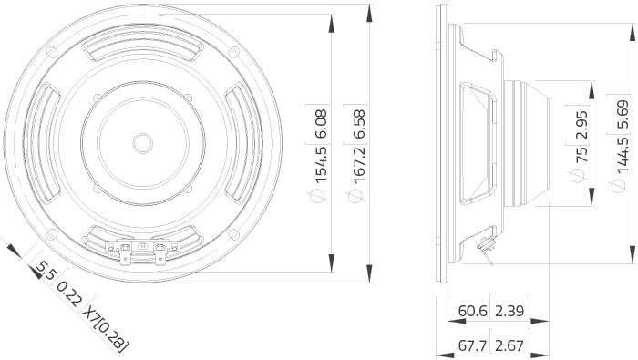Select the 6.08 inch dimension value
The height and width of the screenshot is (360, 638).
[x=320, y=127]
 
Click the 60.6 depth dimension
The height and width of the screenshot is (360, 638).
[x=473, y=312]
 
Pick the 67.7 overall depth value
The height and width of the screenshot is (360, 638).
[x=473, y=345]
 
